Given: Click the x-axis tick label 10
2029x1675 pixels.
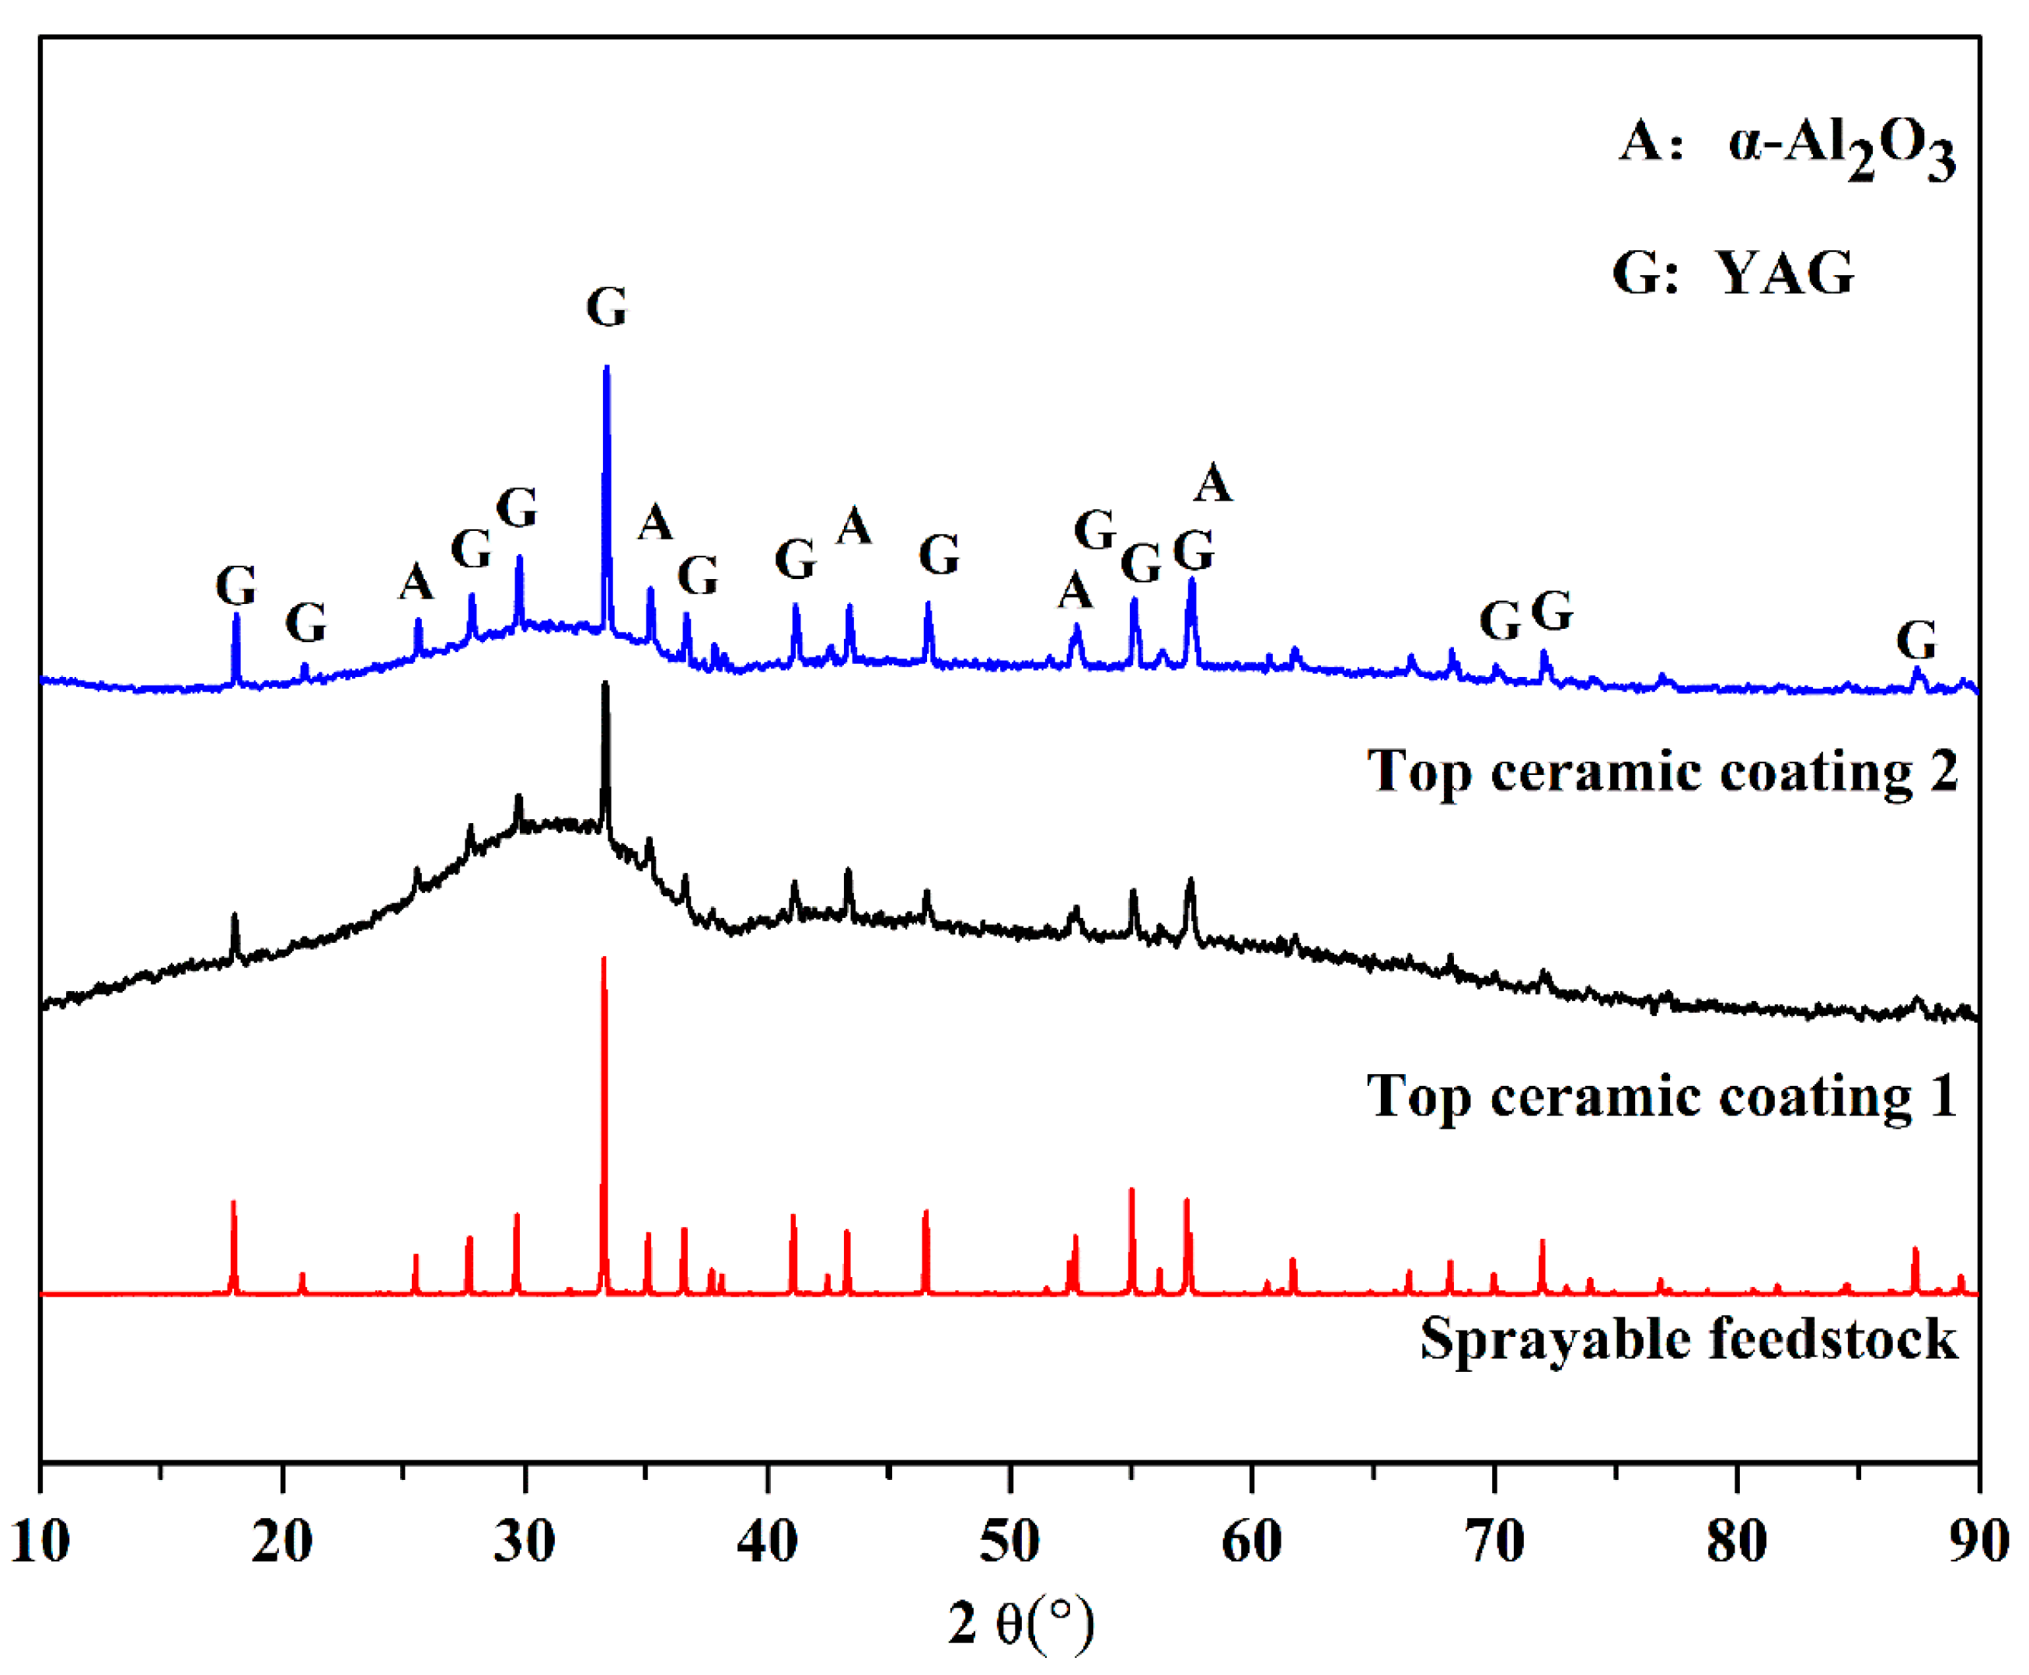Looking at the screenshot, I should coord(40,1541).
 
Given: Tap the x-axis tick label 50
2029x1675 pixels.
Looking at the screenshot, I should coord(1009,1541).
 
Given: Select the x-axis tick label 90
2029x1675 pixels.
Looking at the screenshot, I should coord(1978,1541).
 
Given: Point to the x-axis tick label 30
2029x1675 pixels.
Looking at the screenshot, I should coord(525,1541).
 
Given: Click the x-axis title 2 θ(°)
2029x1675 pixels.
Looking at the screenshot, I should coord(1021,1624).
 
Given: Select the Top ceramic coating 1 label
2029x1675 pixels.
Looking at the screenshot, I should coord(1661,1097).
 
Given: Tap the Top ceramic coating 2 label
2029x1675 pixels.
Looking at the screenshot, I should coord(1661,772).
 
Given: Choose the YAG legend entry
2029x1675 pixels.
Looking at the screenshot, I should coord(1733,273).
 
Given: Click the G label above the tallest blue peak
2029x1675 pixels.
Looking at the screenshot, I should coord(607,308).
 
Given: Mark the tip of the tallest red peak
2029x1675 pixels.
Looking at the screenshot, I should coord(604,959).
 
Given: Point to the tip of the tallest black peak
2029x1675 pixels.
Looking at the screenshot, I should coord(605,685).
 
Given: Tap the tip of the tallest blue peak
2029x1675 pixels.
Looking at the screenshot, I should coord(606,368).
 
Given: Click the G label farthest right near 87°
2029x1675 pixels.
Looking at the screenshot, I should coord(1916,640).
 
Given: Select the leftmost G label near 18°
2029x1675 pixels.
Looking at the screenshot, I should coord(235,586).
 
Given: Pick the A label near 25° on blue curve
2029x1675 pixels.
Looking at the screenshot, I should coord(416,582).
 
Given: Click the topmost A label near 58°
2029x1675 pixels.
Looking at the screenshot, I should coord(1213,483).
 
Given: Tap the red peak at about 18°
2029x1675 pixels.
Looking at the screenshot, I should coord(233,1202).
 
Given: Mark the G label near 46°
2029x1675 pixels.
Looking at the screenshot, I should coord(939,555).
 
